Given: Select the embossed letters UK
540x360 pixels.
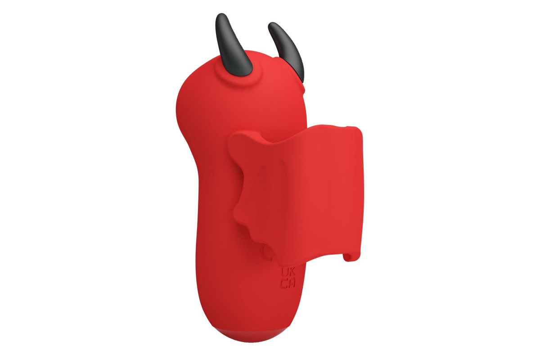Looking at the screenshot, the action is click(x=288, y=273).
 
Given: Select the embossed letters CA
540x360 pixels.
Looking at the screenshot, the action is click(x=288, y=283).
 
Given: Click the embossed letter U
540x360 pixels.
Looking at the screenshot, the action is click(x=284, y=273).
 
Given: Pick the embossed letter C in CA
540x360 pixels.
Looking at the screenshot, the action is click(x=285, y=283).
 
